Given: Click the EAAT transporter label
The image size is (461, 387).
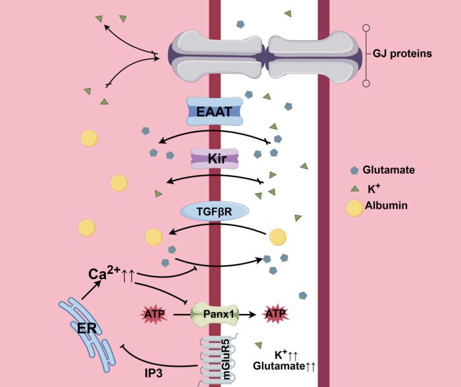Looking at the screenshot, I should pos(215,112).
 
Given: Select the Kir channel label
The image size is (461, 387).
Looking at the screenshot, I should pos(215,159).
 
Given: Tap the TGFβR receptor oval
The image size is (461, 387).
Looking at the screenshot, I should pos(215,211).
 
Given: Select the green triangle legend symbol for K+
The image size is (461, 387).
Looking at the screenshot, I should pos(354,188).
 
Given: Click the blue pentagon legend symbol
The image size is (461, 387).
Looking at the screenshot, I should pos(354,170).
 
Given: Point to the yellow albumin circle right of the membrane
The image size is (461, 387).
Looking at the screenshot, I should pos(277,236).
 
